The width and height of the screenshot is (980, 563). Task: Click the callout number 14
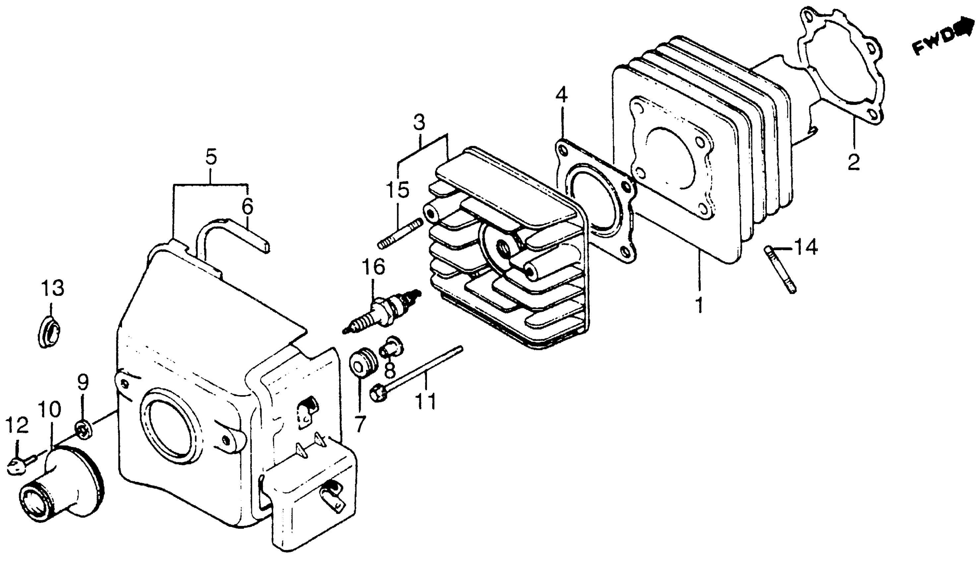806,247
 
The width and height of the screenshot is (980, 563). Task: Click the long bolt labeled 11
418,371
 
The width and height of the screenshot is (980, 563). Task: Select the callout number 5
211,157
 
